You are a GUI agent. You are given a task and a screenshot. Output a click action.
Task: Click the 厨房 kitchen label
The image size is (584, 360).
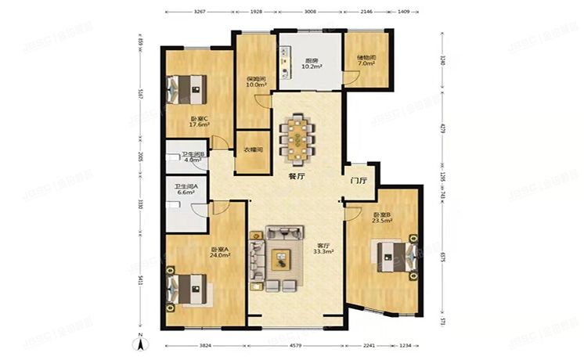click(311, 63)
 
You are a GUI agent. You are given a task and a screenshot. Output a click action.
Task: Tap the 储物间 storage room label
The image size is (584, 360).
click(366, 60)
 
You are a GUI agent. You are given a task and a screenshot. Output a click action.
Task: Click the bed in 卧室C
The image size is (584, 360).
click(186, 86)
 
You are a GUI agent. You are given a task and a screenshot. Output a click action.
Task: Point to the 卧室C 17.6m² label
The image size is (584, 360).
click(197, 122)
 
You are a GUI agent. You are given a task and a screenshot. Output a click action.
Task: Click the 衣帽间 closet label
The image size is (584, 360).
click(252, 149)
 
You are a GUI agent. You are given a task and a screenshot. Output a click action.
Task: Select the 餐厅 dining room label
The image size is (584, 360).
click(296, 177)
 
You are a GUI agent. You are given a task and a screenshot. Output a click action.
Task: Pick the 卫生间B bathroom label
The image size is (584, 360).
click(193, 157)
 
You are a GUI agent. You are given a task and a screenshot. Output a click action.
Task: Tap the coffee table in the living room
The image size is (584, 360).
click(280, 259)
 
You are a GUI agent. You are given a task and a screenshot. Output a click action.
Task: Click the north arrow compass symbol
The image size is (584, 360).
click(139, 340)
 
